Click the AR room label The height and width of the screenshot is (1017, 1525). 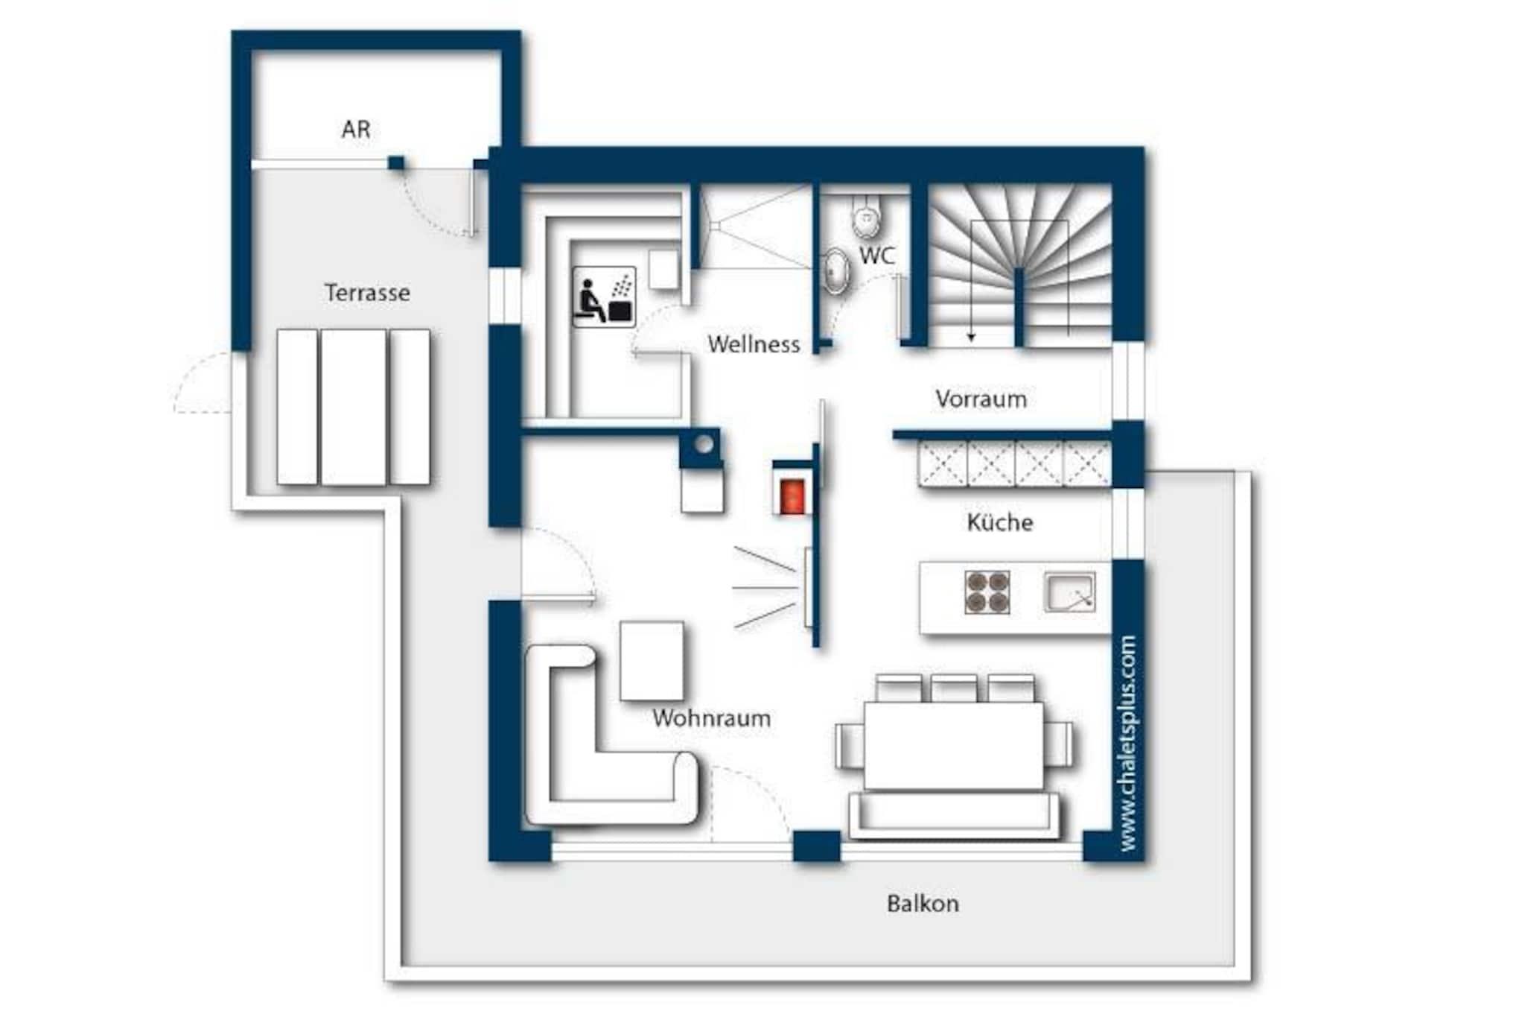[356, 130]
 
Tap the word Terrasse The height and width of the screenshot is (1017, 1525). [367, 293]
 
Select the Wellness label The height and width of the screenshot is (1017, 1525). [754, 344]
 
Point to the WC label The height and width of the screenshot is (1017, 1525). [876, 256]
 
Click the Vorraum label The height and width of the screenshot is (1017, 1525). [981, 399]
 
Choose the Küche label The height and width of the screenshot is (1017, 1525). [999, 522]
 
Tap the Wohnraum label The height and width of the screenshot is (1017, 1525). [711, 718]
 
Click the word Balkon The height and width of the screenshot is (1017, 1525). [923, 904]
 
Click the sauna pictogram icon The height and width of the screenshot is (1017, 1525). [604, 297]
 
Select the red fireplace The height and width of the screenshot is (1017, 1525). [792, 496]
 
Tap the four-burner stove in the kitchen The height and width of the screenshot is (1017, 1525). [987, 592]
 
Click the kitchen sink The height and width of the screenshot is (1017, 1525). [1070, 592]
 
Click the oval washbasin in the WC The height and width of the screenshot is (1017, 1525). [836, 270]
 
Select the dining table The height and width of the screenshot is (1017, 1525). [954, 745]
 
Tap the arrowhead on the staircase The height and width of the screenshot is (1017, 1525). [971, 337]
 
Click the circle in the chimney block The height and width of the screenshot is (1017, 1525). [704, 445]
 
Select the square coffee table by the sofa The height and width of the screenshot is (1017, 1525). [652, 661]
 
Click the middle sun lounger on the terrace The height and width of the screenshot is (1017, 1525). [354, 408]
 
